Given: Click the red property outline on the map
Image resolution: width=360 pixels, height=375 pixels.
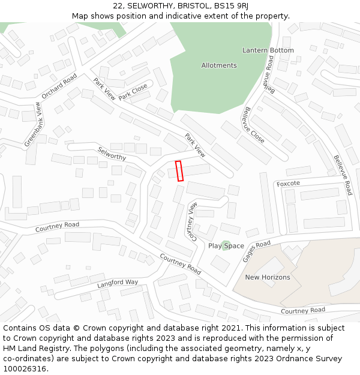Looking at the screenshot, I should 178,170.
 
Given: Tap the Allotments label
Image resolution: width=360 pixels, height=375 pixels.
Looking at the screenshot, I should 219,65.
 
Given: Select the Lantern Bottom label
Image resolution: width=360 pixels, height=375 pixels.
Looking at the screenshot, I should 268,50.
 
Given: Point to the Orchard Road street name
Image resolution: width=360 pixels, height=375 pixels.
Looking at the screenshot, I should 59,86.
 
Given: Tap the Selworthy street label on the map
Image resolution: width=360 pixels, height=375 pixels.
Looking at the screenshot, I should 112,154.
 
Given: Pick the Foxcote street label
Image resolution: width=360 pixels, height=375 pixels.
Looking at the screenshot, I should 288,183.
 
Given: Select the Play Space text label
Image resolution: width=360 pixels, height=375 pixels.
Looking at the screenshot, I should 226,246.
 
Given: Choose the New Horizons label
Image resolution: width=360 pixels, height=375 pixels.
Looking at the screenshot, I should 268,277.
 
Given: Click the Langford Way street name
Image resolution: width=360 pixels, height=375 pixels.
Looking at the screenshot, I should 118,283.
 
